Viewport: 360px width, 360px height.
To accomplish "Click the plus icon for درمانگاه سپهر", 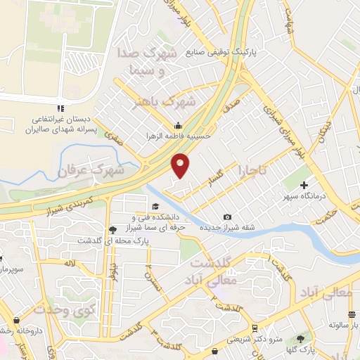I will click(304, 186).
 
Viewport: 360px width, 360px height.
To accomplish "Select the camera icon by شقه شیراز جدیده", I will click(226, 217).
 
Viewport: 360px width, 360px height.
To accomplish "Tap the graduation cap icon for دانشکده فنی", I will click(155, 206).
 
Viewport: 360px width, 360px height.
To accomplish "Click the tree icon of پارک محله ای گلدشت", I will click(112, 230).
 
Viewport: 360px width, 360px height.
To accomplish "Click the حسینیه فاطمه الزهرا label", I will click(174, 135).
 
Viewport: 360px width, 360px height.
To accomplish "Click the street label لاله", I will click(69, 263).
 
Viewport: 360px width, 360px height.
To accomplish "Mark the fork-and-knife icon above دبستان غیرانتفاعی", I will click(61, 108).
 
